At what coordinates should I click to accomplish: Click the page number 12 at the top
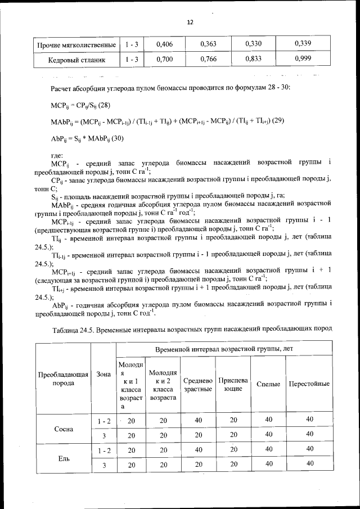click(190, 22)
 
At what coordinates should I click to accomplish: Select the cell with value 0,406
click(164, 44)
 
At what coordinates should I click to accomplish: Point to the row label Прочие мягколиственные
click(76, 44)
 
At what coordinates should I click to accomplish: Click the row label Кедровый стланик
click(76, 58)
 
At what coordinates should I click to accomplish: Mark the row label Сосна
click(63, 428)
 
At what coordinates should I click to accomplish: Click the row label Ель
click(63, 457)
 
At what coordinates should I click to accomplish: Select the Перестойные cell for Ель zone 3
click(309, 464)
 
